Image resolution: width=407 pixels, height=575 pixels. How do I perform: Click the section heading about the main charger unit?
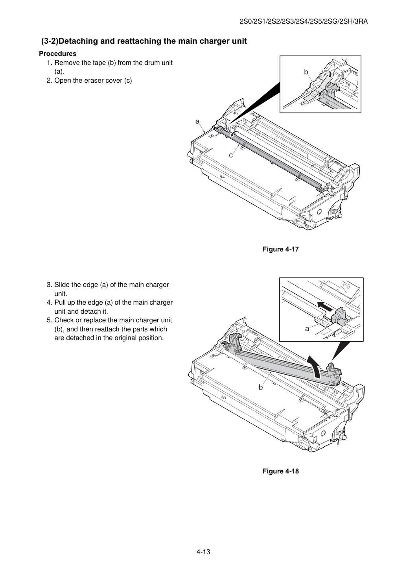click(x=144, y=41)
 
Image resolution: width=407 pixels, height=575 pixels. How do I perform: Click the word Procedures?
click(x=58, y=54)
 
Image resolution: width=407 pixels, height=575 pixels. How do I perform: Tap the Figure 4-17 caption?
click(x=280, y=249)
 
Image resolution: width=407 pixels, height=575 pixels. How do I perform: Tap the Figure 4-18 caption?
click(x=280, y=471)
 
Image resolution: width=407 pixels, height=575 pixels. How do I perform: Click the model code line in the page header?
click(x=304, y=22)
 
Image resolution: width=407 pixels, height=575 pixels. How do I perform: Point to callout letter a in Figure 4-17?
click(x=197, y=122)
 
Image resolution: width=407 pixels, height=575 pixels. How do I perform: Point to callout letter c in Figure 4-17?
click(x=231, y=155)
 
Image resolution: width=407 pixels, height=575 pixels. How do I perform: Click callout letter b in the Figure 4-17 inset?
click(x=306, y=72)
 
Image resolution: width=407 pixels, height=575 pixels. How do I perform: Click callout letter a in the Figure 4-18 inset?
click(x=307, y=329)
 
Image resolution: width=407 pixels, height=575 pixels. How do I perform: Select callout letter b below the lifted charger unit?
click(x=261, y=387)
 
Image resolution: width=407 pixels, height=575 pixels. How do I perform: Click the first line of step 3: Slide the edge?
click(x=108, y=285)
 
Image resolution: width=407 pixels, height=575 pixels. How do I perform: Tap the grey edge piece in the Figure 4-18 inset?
click(x=339, y=315)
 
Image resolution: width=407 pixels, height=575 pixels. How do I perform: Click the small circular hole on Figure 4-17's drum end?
click(x=319, y=212)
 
